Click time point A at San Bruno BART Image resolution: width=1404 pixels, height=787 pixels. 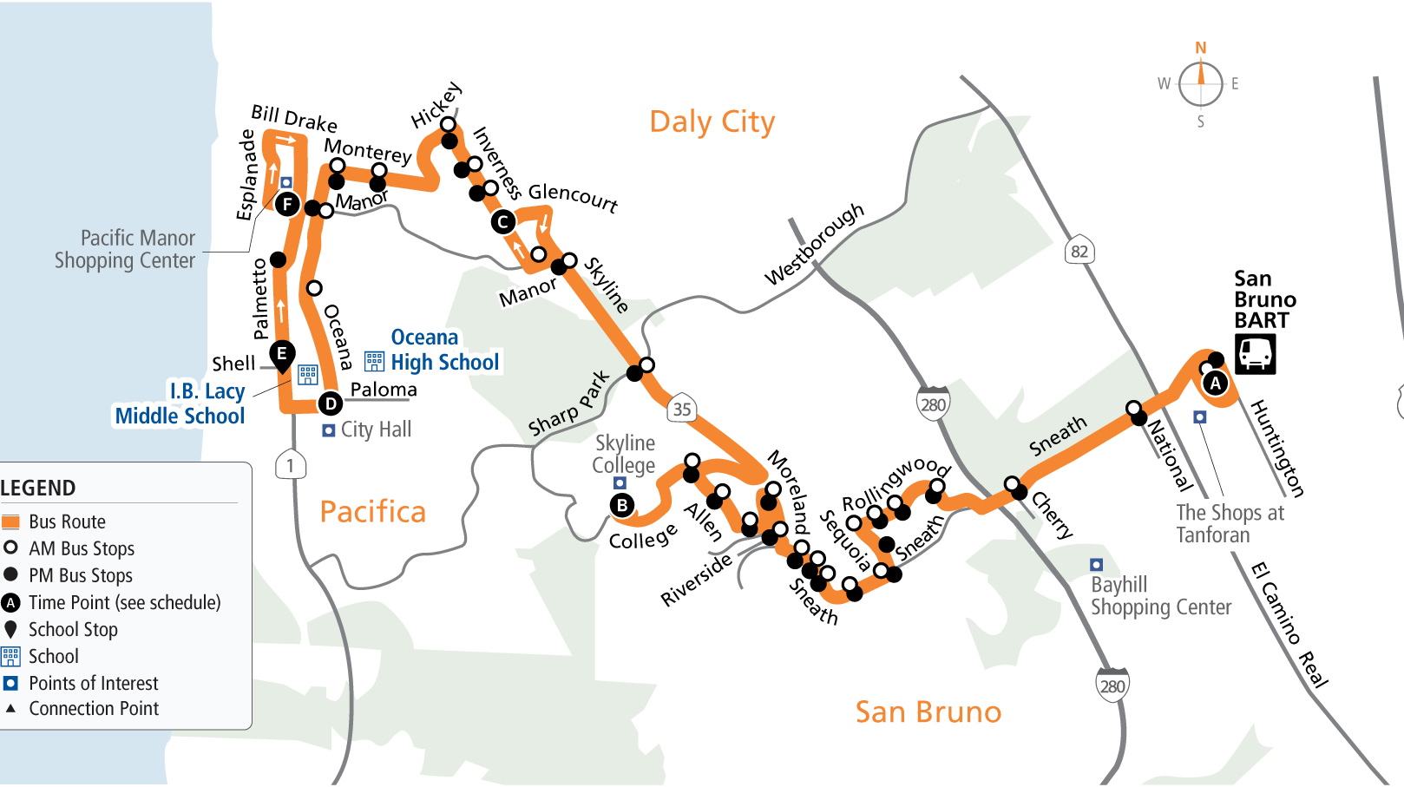click(x=1215, y=384)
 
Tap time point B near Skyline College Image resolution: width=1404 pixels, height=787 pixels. click(x=621, y=505)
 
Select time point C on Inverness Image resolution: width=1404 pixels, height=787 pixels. click(x=502, y=222)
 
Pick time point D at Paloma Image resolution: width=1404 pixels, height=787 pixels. click(x=330, y=403)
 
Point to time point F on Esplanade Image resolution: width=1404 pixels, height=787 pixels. click(x=287, y=205)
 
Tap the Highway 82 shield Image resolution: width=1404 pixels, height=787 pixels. click(x=1079, y=252)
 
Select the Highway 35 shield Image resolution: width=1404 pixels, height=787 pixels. click(x=682, y=409)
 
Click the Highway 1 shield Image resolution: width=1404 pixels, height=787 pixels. click(x=290, y=465)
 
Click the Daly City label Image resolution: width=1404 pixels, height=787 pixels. click(x=712, y=122)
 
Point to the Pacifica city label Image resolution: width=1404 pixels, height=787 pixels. click(x=372, y=512)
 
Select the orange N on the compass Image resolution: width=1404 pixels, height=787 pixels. click(x=1201, y=48)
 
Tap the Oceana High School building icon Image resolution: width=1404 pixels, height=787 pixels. click(x=374, y=361)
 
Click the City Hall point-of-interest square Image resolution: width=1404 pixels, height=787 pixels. click(x=329, y=430)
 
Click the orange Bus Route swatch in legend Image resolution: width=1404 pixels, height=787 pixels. click(x=10, y=521)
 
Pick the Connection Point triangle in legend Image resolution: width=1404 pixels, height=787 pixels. click(x=10, y=708)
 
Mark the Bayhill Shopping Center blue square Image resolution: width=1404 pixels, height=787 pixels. click(x=1096, y=565)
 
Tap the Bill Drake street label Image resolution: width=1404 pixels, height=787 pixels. click(x=293, y=118)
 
